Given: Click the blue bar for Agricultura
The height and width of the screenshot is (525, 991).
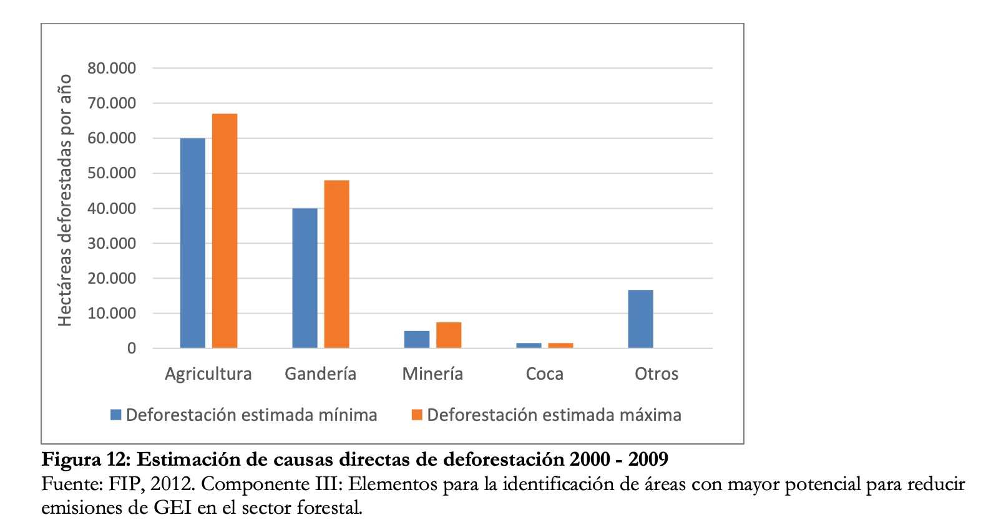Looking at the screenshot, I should click(x=192, y=243).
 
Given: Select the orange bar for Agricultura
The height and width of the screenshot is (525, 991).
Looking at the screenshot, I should click(x=225, y=231).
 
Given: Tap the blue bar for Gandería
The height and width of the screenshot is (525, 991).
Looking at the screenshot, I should click(x=305, y=278).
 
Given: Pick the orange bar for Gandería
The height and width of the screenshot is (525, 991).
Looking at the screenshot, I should click(x=336, y=264).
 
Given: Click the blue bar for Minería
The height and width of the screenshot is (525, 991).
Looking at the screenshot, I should click(x=417, y=339).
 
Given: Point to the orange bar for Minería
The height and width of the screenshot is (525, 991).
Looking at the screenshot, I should click(x=449, y=335).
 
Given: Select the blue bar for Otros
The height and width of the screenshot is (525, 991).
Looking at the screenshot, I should click(x=640, y=319).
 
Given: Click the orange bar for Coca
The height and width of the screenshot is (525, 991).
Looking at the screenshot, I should click(x=560, y=345).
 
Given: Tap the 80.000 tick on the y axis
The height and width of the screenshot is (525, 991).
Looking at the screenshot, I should click(x=112, y=68).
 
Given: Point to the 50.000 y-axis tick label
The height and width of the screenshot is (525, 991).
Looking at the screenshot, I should click(x=112, y=173).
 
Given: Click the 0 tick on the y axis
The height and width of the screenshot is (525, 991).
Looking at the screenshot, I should click(x=132, y=349).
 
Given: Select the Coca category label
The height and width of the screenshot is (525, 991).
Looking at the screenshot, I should click(x=545, y=374).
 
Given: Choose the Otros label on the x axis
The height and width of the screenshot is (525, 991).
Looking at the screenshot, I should click(x=657, y=374).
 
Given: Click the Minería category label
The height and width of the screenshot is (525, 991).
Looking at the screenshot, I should click(x=432, y=374).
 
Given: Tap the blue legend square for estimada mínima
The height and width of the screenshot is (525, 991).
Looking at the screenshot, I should click(x=115, y=415).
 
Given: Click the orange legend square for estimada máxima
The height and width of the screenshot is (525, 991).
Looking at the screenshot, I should click(x=417, y=415).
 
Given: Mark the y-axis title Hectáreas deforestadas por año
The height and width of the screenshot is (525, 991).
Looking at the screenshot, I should click(x=65, y=200).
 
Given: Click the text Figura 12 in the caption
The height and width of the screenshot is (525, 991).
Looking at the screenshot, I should click(x=85, y=460).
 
